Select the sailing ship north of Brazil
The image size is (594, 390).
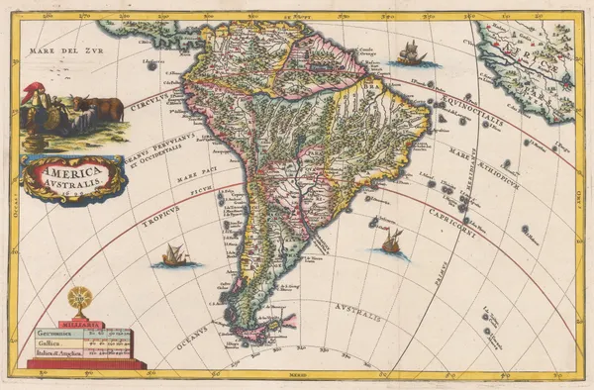(409, 53)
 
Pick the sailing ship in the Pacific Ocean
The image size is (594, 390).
(175, 255)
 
